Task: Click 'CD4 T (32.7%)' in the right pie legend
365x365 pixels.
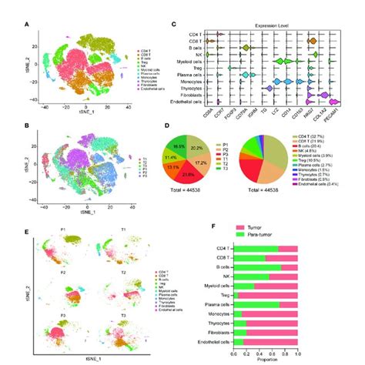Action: [x=323, y=136]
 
